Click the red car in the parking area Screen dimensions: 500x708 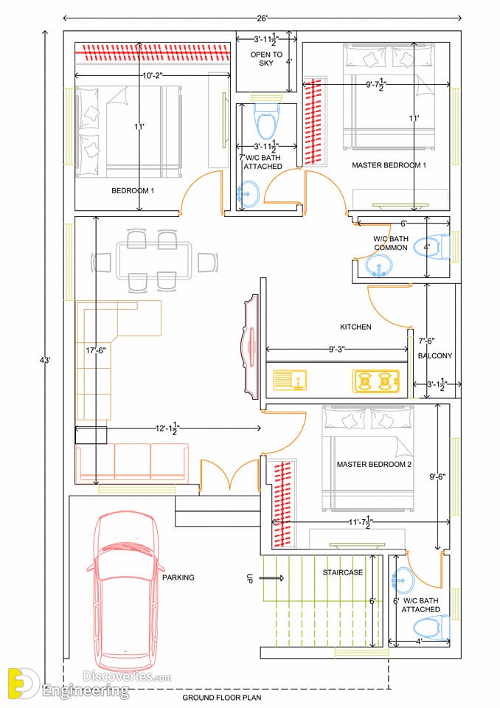click(x=125, y=591)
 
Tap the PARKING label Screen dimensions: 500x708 click(x=178, y=577)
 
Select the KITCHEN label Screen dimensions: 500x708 click(x=356, y=327)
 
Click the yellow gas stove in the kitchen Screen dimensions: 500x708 click(x=376, y=381)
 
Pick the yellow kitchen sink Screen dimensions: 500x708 click(x=290, y=380)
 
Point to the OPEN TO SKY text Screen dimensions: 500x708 click(x=266, y=59)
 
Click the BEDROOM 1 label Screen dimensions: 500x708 click(x=133, y=190)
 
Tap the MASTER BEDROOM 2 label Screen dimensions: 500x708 click(x=374, y=464)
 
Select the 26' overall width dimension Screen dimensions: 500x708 click(x=263, y=18)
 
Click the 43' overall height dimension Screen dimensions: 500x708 click(x=45, y=360)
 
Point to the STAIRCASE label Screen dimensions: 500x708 click(x=343, y=572)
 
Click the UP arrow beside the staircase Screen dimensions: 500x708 click(x=273, y=577)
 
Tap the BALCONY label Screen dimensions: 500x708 click(x=435, y=355)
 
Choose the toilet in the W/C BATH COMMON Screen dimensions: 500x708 click(x=432, y=248)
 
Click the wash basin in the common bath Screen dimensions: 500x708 click(x=378, y=265)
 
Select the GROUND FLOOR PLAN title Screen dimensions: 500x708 click(x=222, y=698)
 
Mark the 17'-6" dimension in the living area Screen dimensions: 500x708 click(x=96, y=350)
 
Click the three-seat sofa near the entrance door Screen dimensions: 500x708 click(x=132, y=463)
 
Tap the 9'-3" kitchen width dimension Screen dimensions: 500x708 click(x=337, y=349)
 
